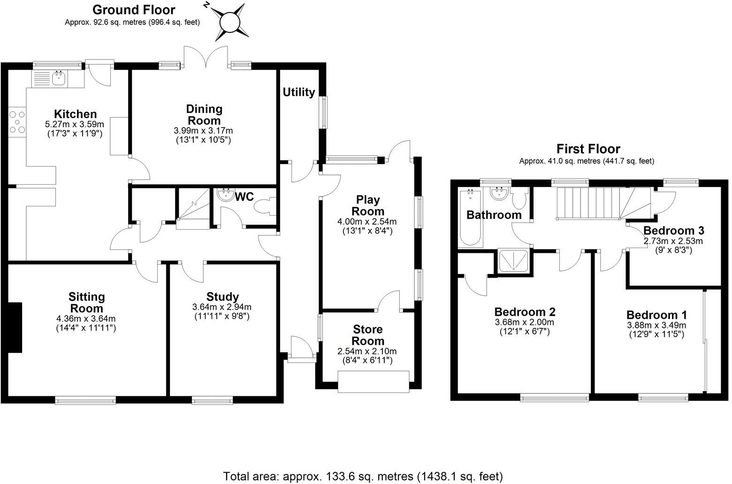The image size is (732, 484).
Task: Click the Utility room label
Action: coord(299,92)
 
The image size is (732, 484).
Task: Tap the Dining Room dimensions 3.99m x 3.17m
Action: coord(203,130)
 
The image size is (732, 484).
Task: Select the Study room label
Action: coord(222,297)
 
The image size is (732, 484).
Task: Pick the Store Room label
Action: coord(368,335)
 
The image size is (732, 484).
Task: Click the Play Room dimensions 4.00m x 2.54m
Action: coord(367,221)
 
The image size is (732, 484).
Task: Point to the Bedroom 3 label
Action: coord(674,231)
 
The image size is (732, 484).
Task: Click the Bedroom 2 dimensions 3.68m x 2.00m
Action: coord(525,322)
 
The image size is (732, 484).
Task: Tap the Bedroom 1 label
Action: coord(656,315)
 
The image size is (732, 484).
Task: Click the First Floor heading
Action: coord(588,149)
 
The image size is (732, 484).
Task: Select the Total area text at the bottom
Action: coord(363,476)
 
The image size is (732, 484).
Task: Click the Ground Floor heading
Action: coord(134,10)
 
